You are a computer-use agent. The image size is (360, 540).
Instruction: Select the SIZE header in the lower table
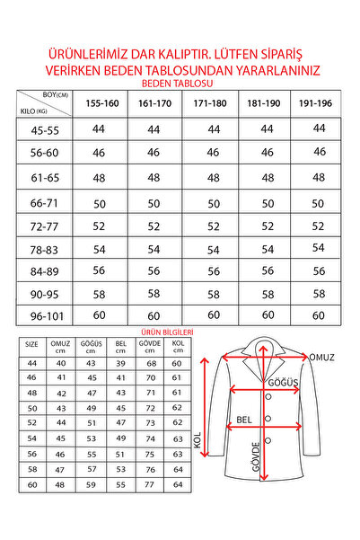31,344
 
